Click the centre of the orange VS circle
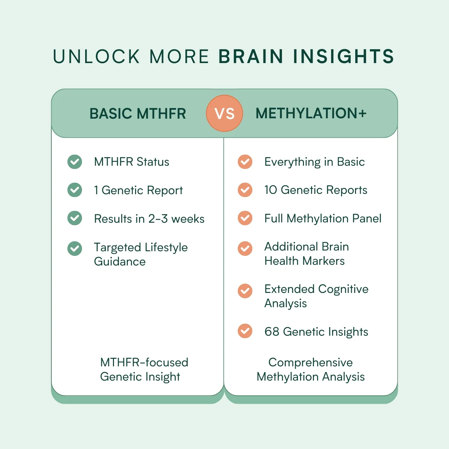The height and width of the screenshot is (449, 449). [x=224, y=113]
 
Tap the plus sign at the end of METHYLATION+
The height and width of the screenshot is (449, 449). [x=362, y=113]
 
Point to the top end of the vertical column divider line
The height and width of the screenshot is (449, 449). [x=224, y=138]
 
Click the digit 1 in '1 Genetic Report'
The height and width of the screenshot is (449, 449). [x=96, y=190]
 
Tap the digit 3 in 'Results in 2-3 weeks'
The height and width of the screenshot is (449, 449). [x=164, y=218]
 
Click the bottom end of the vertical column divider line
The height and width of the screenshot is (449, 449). [x=224, y=395]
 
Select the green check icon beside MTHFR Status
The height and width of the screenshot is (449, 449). [x=74, y=162]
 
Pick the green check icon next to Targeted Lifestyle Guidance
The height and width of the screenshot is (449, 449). [x=74, y=248]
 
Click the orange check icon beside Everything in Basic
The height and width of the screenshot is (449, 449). [x=245, y=162]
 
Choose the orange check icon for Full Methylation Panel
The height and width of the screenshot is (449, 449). [x=245, y=218]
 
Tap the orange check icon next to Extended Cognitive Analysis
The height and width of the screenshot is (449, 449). [x=245, y=291]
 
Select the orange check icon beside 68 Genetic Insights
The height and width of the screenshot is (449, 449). [x=245, y=331]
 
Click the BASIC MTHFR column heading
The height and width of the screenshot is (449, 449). [x=138, y=113]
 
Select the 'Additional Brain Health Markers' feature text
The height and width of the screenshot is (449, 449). [x=306, y=253]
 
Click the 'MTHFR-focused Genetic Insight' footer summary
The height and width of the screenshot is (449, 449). [x=144, y=370]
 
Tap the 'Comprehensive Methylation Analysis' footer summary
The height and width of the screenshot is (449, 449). [x=311, y=370]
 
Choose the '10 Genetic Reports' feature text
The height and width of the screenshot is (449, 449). [x=316, y=190]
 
